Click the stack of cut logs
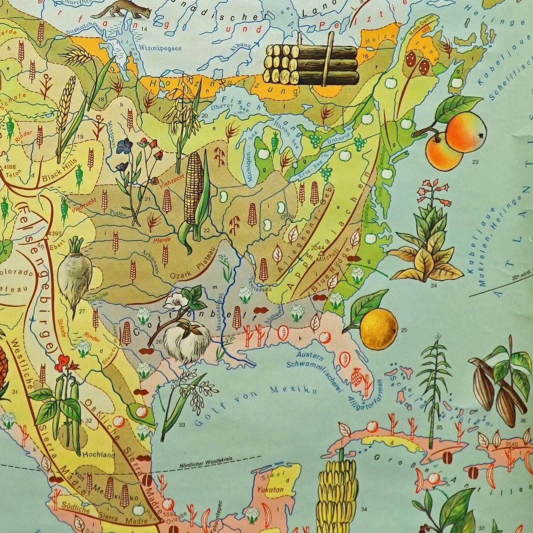[x=311, y=64]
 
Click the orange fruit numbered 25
[x=378, y=328]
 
